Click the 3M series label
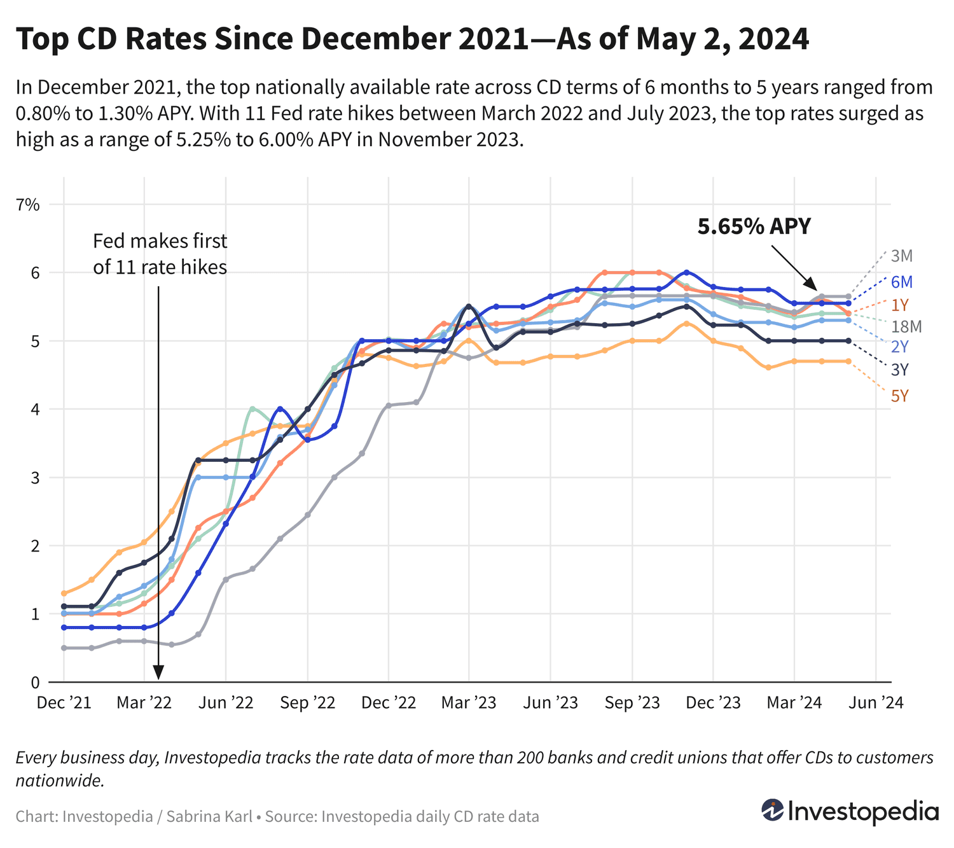pyautogui.click(x=901, y=256)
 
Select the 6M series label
pyautogui.click(x=901, y=282)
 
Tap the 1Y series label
pyautogui.click(x=899, y=305)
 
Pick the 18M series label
pyautogui.click(x=906, y=327)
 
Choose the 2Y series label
pyautogui.click(x=899, y=347)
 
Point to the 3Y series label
pyautogui.click(x=899, y=370)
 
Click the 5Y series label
pyautogui.click(x=899, y=396)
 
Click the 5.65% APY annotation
pyautogui.click(x=754, y=226)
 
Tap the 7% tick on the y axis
pyautogui.click(x=29, y=205)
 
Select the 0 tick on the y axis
pyautogui.click(x=36, y=683)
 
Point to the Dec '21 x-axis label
pyautogui.click(x=64, y=703)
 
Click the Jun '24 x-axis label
pyautogui.click(x=876, y=703)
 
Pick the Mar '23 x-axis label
pyautogui.click(x=469, y=703)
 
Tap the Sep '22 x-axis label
pyautogui.click(x=307, y=703)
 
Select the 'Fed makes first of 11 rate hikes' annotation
pyautogui.click(x=160, y=254)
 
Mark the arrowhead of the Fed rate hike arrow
pyautogui.click(x=158, y=674)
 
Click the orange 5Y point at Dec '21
pyautogui.click(x=64, y=593)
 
